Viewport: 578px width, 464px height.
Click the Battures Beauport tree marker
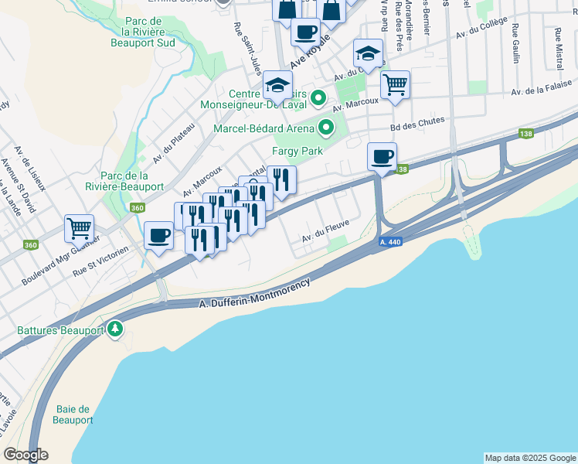tap(115, 330)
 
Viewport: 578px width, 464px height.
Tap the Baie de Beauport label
tap(73, 415)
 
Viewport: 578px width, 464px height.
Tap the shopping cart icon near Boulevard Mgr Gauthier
tap(80, 228)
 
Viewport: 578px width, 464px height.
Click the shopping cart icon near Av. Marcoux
tap(395, 84)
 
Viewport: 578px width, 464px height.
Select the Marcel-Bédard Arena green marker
tap(326, 128)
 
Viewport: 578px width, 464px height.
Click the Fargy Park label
tap(297, 152)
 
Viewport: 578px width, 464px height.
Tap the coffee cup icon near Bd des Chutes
tap(382, 157)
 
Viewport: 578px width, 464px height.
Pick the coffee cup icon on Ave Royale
tap(305, 32)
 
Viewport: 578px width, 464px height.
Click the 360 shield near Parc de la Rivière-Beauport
tap(138, 207)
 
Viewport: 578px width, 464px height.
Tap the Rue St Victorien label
tap(100, 266)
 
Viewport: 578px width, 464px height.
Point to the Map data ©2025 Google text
tap(530, 458)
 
